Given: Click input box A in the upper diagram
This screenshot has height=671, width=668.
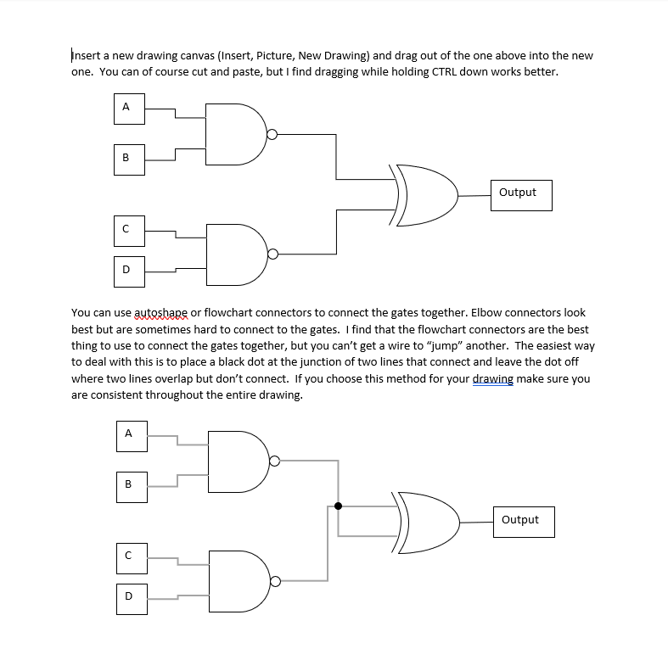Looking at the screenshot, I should (126, 107).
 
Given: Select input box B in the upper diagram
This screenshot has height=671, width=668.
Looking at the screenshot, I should (126, 157).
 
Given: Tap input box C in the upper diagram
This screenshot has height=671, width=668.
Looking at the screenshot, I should (126, 228).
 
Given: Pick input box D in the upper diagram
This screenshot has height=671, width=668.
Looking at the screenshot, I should (126, 270).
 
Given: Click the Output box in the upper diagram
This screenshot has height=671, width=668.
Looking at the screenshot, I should (518, 193).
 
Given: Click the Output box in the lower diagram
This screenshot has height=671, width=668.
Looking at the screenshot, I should (520, 520).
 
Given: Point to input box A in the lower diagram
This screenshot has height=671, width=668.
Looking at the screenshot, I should (129, 433).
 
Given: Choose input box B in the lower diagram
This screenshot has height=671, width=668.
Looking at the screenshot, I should (129, 484).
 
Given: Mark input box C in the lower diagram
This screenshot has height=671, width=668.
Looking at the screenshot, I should (129, 555).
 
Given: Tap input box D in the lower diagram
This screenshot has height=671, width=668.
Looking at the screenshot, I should (129, 596).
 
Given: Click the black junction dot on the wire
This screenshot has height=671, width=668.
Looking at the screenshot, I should (339, 506).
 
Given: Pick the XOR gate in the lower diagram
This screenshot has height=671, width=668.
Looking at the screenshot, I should (427, 521).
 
